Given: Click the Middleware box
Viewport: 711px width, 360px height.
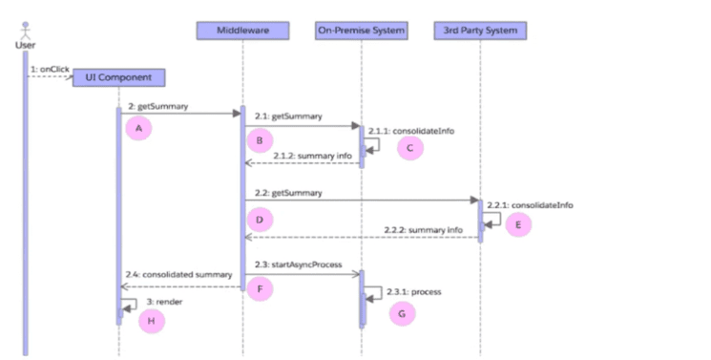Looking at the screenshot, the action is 242,31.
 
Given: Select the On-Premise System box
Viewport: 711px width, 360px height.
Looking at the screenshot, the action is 362,31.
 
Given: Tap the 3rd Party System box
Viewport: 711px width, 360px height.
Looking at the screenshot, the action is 480,31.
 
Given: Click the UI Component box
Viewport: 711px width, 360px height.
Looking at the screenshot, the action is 118,77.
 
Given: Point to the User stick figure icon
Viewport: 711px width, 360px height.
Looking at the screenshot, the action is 26,31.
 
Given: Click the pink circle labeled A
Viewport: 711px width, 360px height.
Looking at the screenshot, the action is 138,128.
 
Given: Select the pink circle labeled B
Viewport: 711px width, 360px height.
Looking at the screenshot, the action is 260,140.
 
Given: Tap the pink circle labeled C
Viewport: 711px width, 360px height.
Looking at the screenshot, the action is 410,148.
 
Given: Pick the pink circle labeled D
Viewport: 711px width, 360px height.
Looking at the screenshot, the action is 260,220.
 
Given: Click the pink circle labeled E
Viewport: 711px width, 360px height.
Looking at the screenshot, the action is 518,224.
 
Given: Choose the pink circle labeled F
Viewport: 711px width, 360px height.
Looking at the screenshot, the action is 260,288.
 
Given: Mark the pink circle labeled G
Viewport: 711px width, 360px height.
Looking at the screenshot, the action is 402,313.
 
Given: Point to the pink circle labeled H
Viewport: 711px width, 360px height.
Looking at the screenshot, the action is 152,321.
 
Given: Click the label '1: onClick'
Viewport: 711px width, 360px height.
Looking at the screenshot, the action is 50,70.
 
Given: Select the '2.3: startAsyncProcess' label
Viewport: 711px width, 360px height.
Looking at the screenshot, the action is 299,265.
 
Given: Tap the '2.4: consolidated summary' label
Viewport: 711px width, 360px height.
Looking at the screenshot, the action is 179,275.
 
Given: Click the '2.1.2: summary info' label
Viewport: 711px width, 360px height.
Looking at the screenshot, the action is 312,156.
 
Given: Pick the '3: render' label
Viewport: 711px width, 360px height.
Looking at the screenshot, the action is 164,302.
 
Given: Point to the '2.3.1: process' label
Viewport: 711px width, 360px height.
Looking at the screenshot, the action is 414,292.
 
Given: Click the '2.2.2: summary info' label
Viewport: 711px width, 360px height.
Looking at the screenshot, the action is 424,230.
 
